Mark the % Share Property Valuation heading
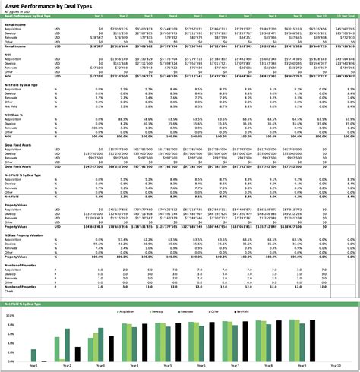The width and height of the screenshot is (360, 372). click(27, 236)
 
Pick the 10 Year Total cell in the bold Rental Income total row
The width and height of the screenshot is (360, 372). click(343, 46)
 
